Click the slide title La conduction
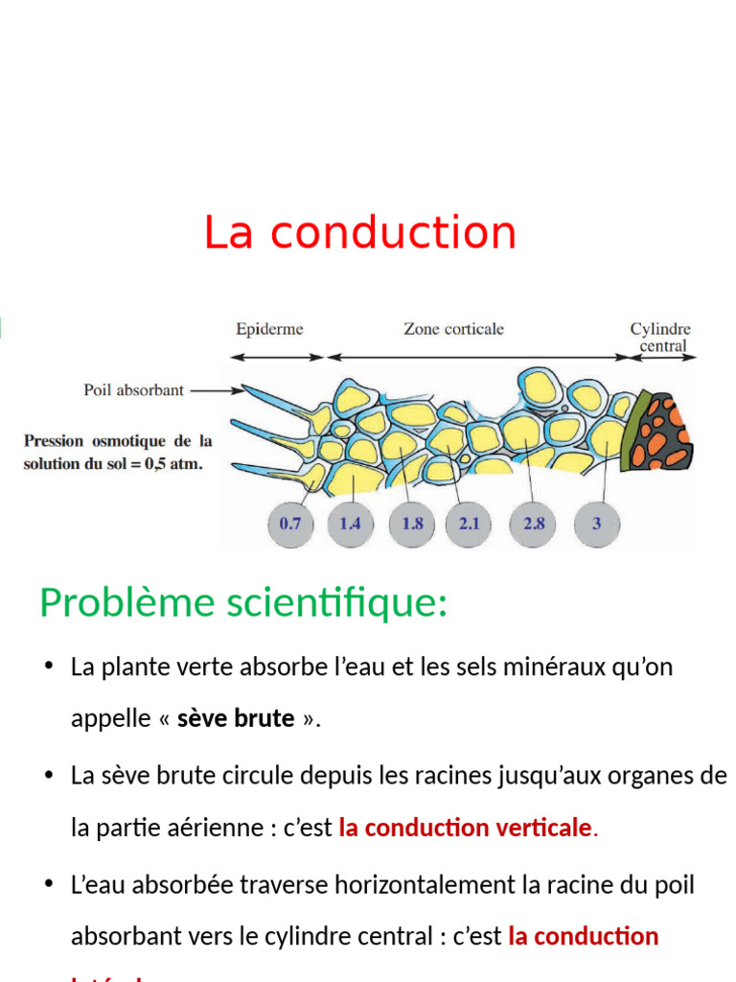359,233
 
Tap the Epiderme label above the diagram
269,330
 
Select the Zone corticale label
453,330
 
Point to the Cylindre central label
660,338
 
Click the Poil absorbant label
134,391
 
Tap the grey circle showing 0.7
289,524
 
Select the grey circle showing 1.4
350,524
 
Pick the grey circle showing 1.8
412,524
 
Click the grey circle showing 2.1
470,524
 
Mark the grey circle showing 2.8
534,524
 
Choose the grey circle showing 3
596,524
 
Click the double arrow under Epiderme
278,357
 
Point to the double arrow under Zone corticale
478,357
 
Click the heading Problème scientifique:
243,603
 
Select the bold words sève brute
236,719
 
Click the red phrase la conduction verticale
466,828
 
